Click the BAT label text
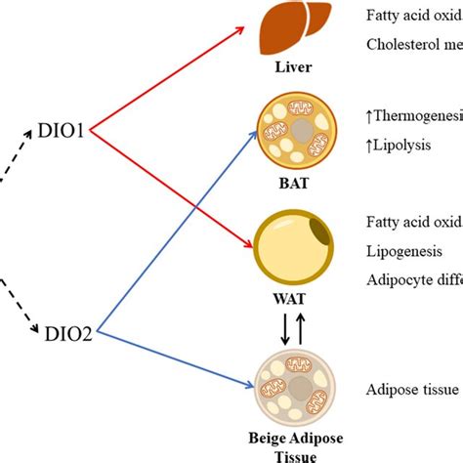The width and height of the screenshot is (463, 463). click(291, 181)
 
